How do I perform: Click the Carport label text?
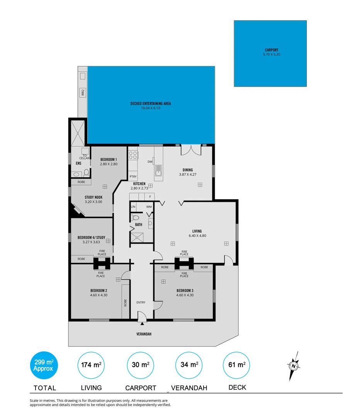click(x=271, y=50)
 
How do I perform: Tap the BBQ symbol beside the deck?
click(x=82, y=93)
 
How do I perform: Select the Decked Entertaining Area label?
click(x=150, y=103)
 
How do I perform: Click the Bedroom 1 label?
click(x=109, y=159)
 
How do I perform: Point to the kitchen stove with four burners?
click(x=133, y=155)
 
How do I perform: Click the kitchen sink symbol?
click(x=158, y=170)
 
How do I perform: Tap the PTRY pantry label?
click(x=133, y=176)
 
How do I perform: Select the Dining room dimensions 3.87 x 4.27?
click(x=188, y=175)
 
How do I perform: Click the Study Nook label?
click(x=93, y=197)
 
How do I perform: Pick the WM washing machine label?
click(x=149, y=207)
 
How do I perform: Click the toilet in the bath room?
click(x=135, y=218)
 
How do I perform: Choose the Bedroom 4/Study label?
click(x=91, y=237)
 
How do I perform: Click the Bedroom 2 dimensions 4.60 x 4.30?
click(x=99, y=295)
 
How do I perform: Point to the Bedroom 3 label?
click(x=185, y=290)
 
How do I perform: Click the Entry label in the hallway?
click(x=141, y=302)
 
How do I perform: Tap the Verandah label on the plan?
click(x=143, y=334)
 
